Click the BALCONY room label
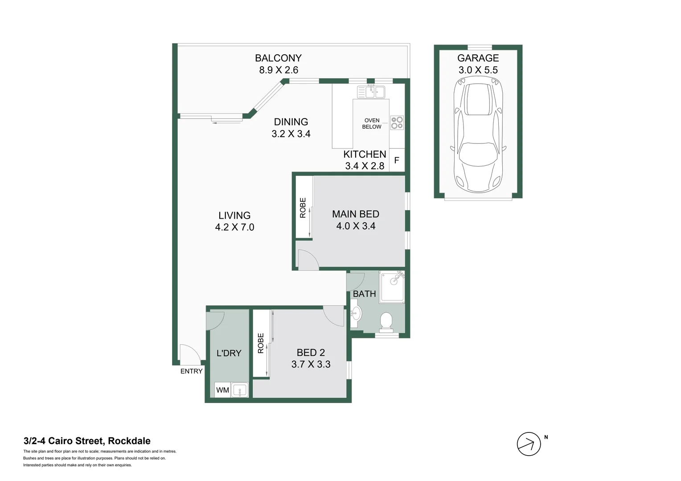pos(278,58)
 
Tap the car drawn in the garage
pos(478,134)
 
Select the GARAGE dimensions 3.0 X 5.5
pos(478,70)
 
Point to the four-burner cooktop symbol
pos(397,122)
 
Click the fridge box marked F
pos(397,160)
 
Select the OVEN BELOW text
pos(372,123)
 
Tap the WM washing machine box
pos(222,390)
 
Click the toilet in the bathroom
pos(386,322)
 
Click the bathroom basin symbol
pos(355,313)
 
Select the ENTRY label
pos(191,371)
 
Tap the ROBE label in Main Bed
pos(303,208)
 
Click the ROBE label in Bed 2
pos(261,343)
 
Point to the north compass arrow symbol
pos(529,444)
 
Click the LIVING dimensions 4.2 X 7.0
pos(234,227)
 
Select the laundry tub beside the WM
pos(240,390)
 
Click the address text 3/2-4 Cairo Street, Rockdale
pos(87,441)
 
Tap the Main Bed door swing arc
pos(308,260)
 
